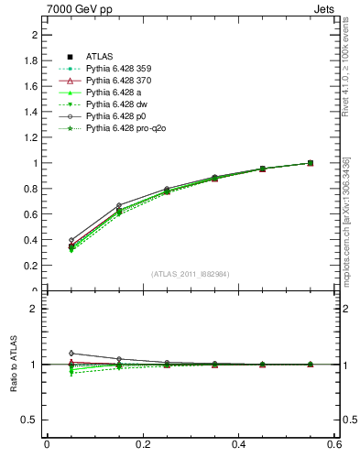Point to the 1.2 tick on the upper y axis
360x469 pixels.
click(x=30, y=137)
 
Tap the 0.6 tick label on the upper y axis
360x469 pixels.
click(x=30, y=214)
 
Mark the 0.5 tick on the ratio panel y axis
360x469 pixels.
click(x=30, y=420)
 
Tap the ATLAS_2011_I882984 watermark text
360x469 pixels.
click(x=190, y=274)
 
